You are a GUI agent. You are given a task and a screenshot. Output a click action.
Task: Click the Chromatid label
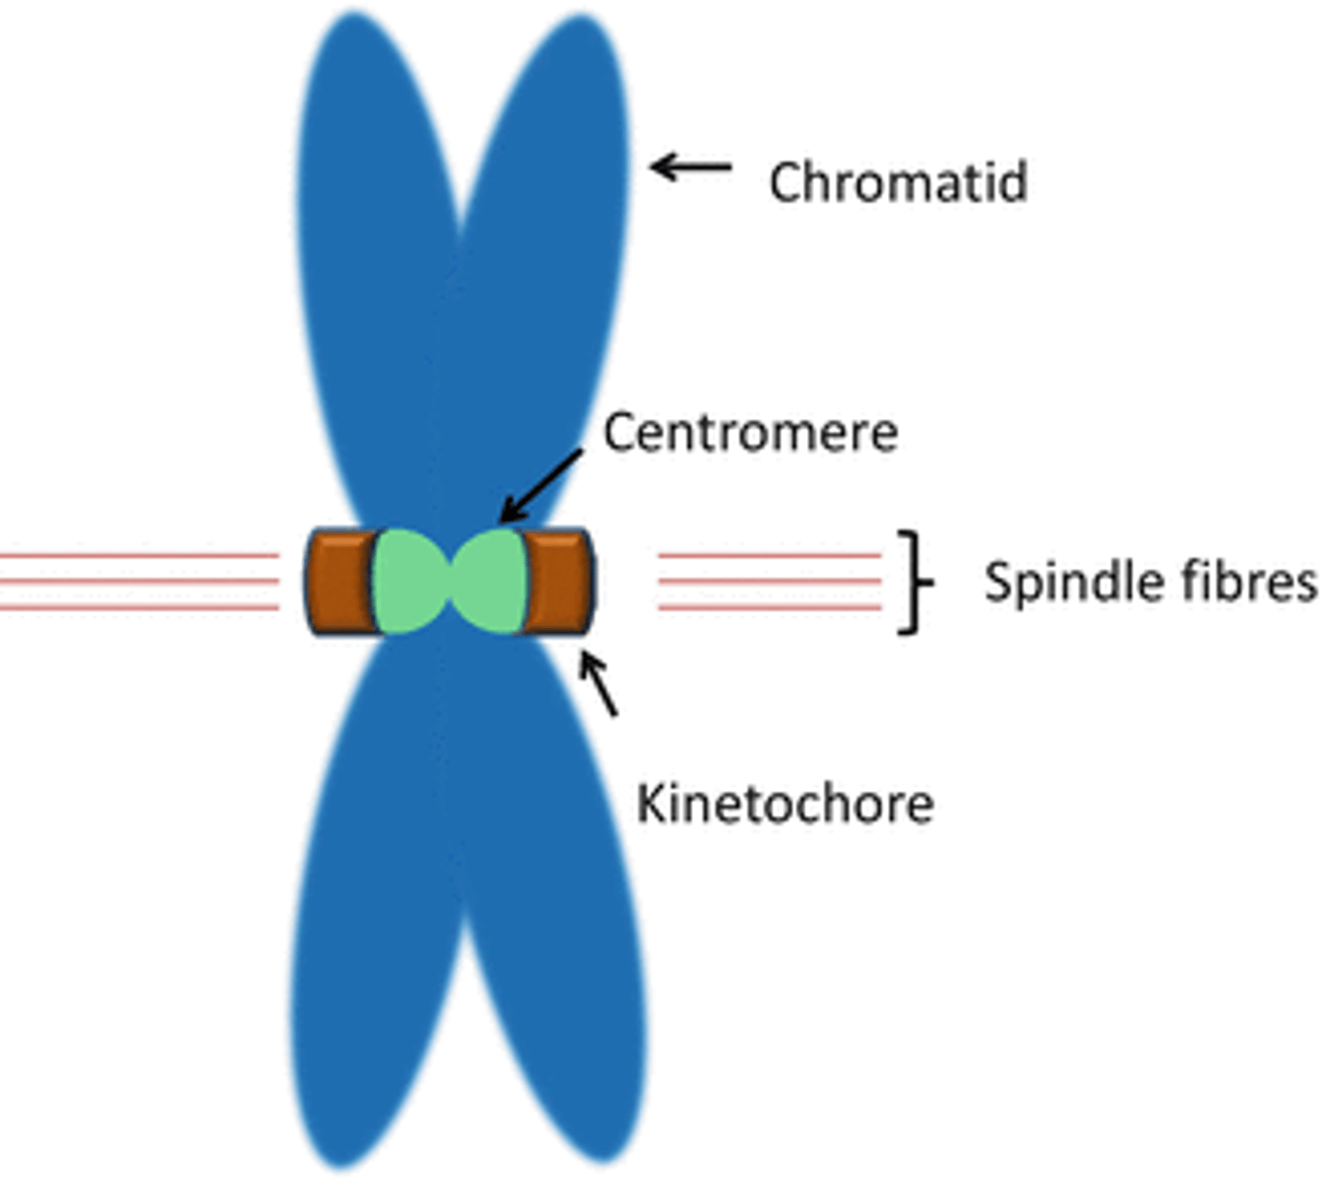(x=898, y=183)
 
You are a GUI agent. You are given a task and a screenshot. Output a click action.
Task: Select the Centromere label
(x=750, y=433)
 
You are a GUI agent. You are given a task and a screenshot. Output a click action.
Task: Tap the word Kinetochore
(x=785, y=804)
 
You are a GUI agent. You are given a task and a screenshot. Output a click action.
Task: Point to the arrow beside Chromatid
(x=691, y=167)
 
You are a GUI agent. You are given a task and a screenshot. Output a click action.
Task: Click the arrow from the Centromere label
(x=540, y=486)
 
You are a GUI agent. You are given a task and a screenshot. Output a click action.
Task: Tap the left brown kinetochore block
(x=339, y=582)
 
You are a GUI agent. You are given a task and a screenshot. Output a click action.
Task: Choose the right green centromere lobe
(x=490, y=581)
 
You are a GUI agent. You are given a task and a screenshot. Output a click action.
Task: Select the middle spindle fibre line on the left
(x=138, y=582)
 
